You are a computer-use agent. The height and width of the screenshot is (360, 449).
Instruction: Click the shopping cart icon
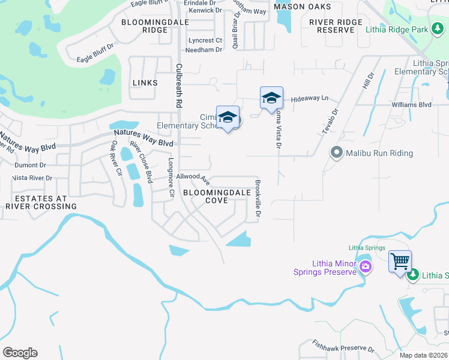click(400, 262)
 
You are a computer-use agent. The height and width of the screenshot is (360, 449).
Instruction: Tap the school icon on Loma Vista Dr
click(271, 98)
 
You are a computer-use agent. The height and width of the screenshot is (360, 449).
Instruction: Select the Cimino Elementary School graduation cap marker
click(228, 117)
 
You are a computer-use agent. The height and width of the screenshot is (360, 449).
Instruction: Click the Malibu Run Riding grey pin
click(336, 153)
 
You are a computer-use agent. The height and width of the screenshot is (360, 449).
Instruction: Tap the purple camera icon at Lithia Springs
click(364, 266)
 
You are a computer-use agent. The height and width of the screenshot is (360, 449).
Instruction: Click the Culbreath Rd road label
click(178, 85)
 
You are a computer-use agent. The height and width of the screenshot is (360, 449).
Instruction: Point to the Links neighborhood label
click(145, 83)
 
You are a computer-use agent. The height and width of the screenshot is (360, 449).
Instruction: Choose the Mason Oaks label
click(302, 6)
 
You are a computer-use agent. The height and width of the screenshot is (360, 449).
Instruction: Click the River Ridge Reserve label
click(336, 26)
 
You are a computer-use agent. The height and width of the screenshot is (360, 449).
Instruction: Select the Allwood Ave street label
click(193, 178)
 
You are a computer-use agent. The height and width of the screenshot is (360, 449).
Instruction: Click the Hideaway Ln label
click(310, 98)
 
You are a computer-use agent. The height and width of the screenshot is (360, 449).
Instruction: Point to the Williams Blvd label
click(411, 104)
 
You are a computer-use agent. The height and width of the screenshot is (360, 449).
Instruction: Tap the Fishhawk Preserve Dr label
click(343, 346)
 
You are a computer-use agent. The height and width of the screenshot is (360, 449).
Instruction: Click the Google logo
click(20, 353)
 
